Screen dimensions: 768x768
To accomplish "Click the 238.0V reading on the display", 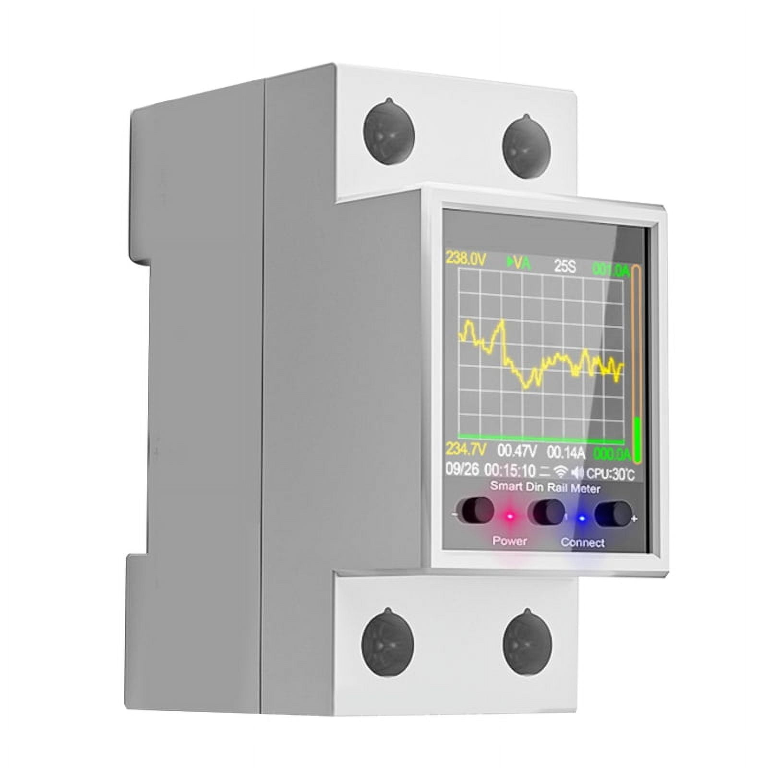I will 466,259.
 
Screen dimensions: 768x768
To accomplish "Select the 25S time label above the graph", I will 564,266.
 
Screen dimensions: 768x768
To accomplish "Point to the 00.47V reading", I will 516,451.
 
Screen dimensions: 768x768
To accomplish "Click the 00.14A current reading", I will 566,453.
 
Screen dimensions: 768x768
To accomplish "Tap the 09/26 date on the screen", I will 462,469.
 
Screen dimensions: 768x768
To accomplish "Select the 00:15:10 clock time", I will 510,470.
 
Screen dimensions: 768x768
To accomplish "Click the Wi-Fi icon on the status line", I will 560,472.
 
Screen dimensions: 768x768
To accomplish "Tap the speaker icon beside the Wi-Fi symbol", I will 577,473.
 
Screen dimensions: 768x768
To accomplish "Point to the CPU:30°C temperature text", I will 610,474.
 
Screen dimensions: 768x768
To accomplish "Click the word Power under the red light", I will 509,541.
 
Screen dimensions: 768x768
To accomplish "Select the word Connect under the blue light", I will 582,543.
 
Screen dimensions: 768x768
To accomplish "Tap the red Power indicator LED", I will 510,516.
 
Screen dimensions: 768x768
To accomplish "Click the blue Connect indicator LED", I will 582,518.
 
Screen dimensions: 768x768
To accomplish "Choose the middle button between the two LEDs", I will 547,512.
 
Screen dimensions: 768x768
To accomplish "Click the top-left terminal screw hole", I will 388,132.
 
